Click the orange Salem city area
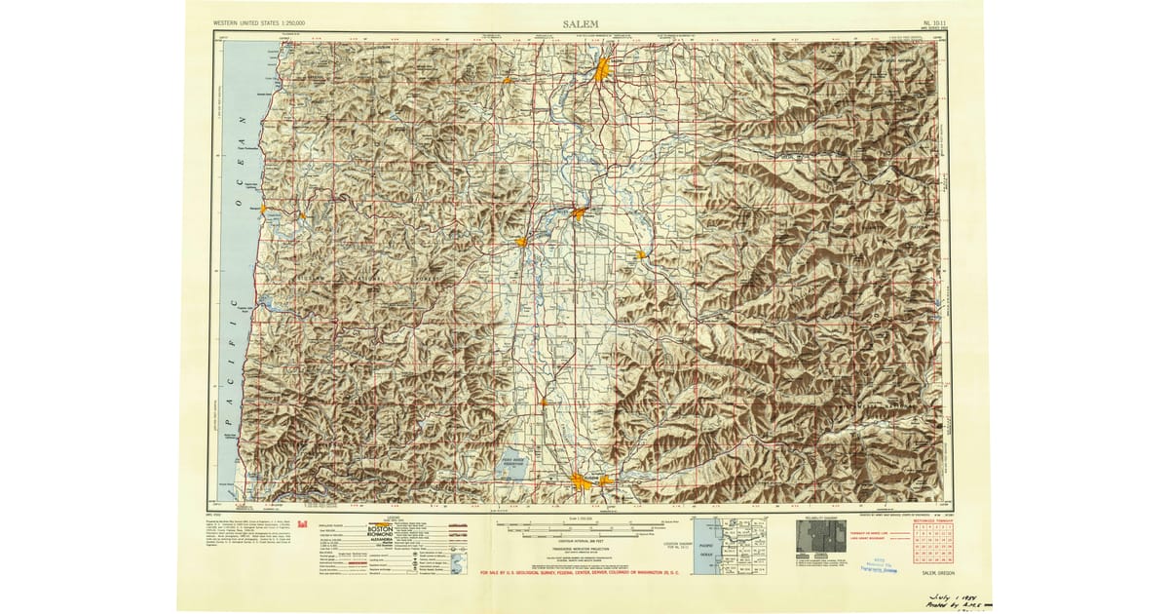604,69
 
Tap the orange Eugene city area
582,480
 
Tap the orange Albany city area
578,213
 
